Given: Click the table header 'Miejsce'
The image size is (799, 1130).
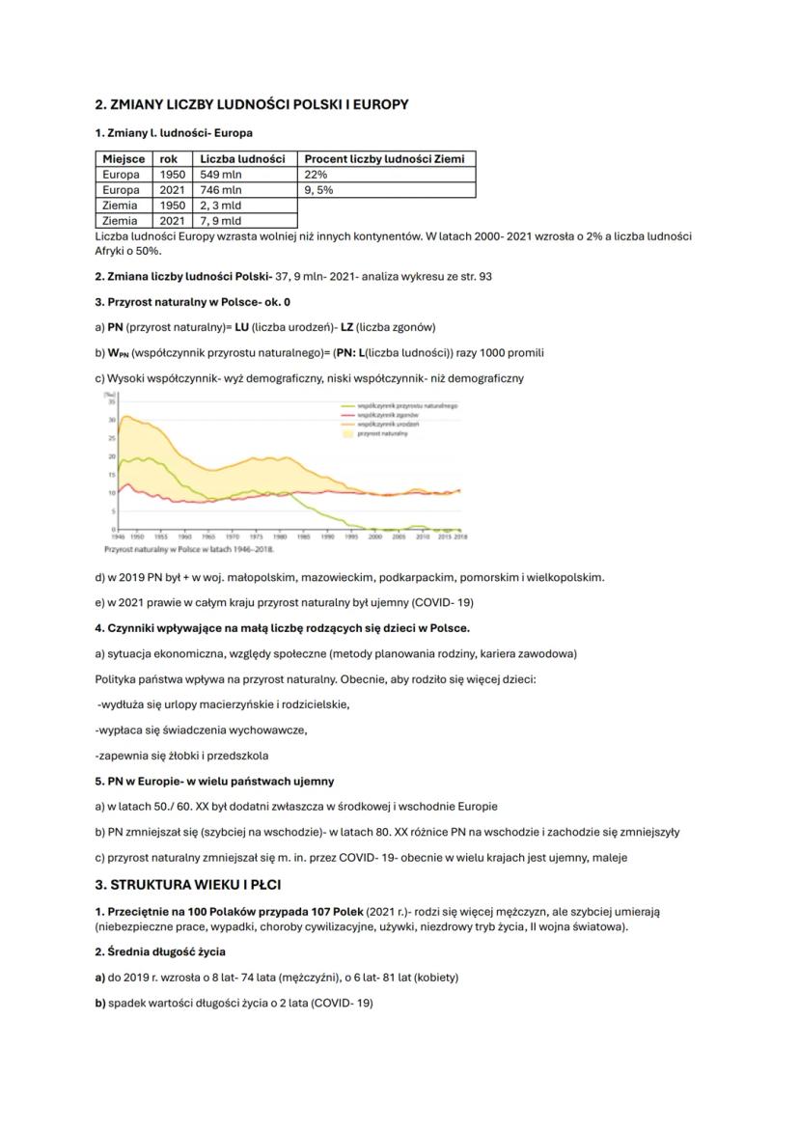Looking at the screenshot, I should pos(124,159).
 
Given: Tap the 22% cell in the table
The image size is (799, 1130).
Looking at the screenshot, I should pos(316,175).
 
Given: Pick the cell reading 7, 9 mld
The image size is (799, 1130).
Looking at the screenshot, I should pos(220,221).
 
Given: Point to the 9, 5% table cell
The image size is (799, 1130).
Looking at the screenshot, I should pos(320,190).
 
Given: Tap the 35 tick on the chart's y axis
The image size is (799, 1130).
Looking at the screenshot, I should pos(112,400).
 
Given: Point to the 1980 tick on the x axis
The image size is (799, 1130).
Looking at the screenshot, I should pos(280,536).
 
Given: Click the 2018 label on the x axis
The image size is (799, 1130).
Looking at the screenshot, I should pos(459,536).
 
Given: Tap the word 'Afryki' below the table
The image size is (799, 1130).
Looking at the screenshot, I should pos(112,250).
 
